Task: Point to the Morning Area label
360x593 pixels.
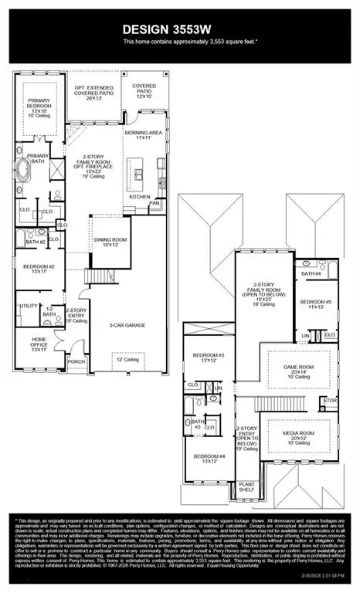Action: pyautogui.click(x=143, y=136)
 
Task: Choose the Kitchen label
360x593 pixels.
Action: pyautogui.click(x=140, y=197)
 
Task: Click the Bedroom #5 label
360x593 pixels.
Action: pyautogui.click(x=314, y=304)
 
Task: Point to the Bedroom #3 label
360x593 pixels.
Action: pyautogui.click(x=209, y=358)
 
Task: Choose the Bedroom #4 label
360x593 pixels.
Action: pyautogui.click(x=208, y=459)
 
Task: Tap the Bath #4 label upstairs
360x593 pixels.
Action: pyautogui.click(x=311, y=273)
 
